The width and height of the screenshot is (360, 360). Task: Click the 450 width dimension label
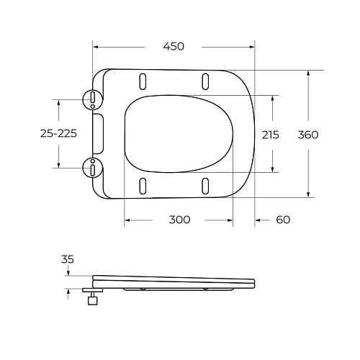click(174, 46)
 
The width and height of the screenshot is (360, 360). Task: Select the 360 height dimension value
click(307, 135)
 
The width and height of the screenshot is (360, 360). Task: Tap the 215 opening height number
click(270, 135)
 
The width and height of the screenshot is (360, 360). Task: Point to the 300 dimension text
click(179, 220)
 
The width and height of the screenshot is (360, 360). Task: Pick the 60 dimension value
click(283, 220)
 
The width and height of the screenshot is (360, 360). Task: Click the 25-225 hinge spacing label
click(58, 134)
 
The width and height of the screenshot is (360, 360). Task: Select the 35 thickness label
click(68, 259)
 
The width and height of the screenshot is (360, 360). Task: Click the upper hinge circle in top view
click(93, 99)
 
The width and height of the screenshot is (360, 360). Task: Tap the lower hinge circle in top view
click(93, 168)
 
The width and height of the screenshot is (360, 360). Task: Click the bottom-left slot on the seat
click(144, 185)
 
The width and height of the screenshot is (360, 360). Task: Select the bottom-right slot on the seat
click(205, 185)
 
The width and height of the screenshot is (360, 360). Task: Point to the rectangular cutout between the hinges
click(99, 133)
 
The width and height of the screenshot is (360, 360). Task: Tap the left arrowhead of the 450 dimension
click(96, 47)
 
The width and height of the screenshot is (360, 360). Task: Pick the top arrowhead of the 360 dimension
click(309, 73)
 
